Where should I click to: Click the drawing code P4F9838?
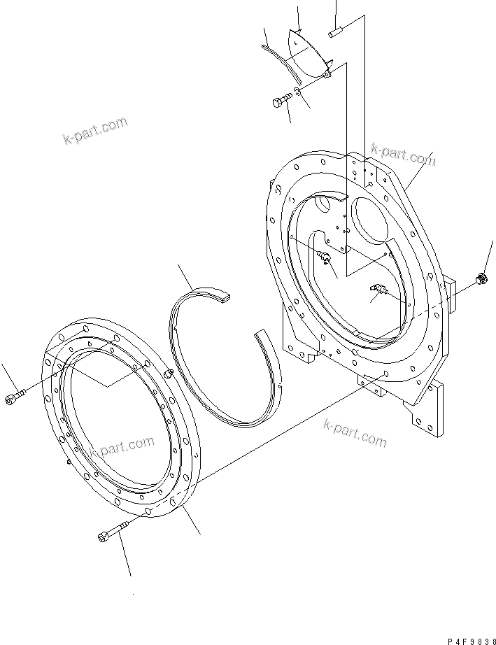472,641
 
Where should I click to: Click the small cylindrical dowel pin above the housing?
335,31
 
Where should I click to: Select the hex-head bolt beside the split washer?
282,100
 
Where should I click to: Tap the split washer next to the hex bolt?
298,92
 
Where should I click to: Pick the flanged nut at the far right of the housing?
481,278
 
